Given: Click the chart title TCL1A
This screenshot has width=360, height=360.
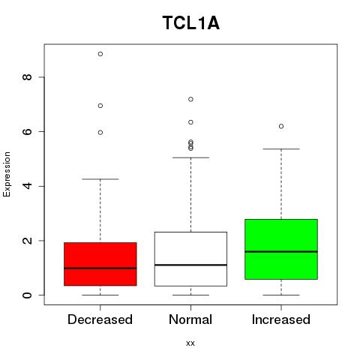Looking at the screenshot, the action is (x=191, y=23).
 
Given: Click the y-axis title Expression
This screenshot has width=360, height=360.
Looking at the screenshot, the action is (x=7, y=174).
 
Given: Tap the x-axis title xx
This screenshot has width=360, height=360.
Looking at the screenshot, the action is (x=190, y=343).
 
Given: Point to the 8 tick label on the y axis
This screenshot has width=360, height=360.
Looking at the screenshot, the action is (x=27, y=77).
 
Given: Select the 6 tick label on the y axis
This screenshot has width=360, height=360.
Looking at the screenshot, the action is (x=27, y=131).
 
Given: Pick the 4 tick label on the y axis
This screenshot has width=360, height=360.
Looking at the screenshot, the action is (x=27, y=186).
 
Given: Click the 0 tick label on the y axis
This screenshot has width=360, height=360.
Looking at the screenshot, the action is (x=27, y=295).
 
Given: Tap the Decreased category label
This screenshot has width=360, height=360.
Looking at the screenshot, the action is (x=100, y=319).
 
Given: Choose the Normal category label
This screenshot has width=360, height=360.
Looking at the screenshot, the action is (x=190, y=319).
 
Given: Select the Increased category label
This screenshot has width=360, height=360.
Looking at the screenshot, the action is (x=281, y=319).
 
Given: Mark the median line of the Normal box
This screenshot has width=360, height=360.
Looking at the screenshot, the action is (x=190, y=265).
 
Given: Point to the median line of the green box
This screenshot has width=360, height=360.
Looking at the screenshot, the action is (x=281, y=252).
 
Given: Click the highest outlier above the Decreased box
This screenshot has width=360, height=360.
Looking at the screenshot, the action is (x=100, y=54).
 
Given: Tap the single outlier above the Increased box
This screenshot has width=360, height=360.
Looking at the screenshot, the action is (x=281, y=127).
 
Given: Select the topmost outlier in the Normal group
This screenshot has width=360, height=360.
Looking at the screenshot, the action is (x=190, y=100).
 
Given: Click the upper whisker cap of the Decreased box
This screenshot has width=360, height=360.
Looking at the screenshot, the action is (x=100, y=179).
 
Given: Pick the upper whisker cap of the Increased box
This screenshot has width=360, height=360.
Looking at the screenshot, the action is (x=281, y=149).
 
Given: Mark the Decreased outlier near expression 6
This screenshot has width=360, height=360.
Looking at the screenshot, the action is (x=100, y=133).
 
